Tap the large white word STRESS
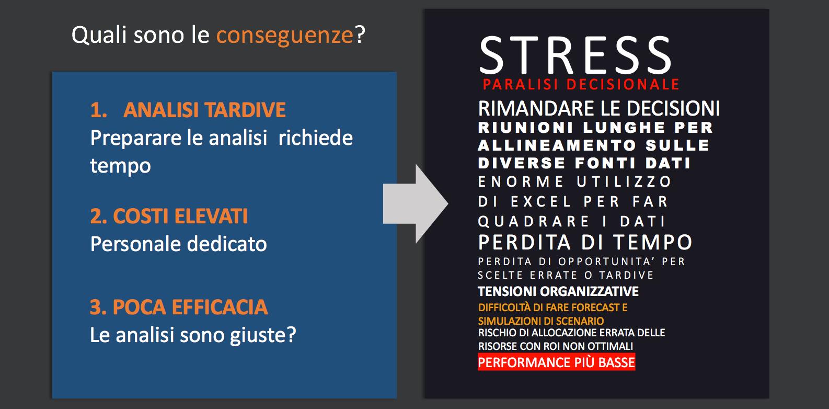[575, 55]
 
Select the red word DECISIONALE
[623, 85]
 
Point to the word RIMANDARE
[537, 109]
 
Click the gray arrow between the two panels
[416, 203]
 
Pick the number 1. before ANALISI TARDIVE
[99, 110]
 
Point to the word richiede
[316, 138]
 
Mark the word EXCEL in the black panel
[540, 202]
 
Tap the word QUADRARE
[534, 222]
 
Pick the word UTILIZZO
[624, 182]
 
